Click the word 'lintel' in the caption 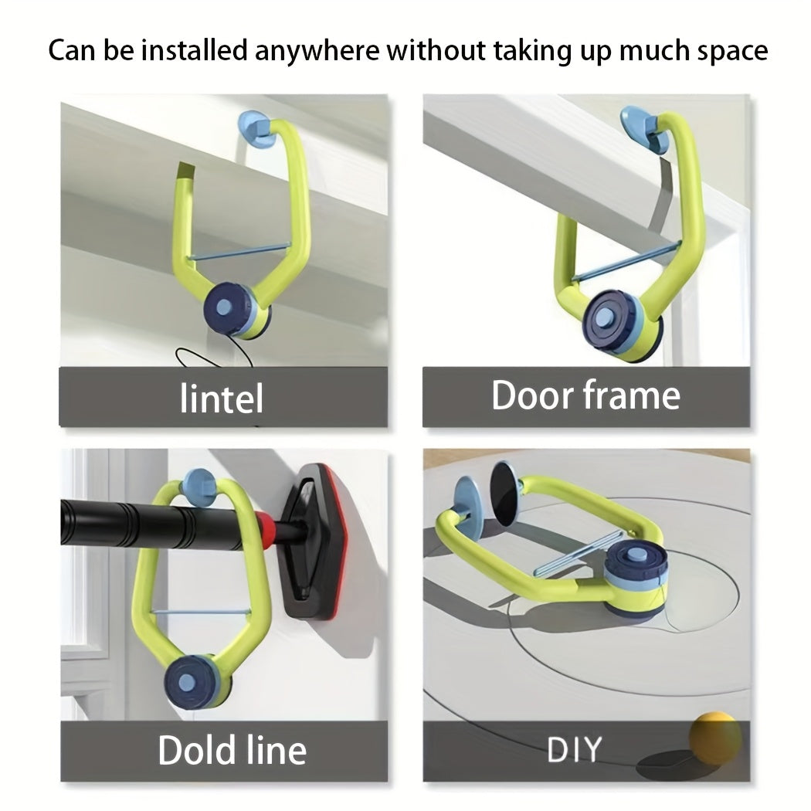(222, 398)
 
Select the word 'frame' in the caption (632, 395)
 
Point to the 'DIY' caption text (575, 749)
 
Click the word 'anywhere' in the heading (317, 51)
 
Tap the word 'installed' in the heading (195, 50)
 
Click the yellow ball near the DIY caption (714, 738)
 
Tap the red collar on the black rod (267, 531)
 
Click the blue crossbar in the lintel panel (238, 253)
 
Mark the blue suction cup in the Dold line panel (199, 487)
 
